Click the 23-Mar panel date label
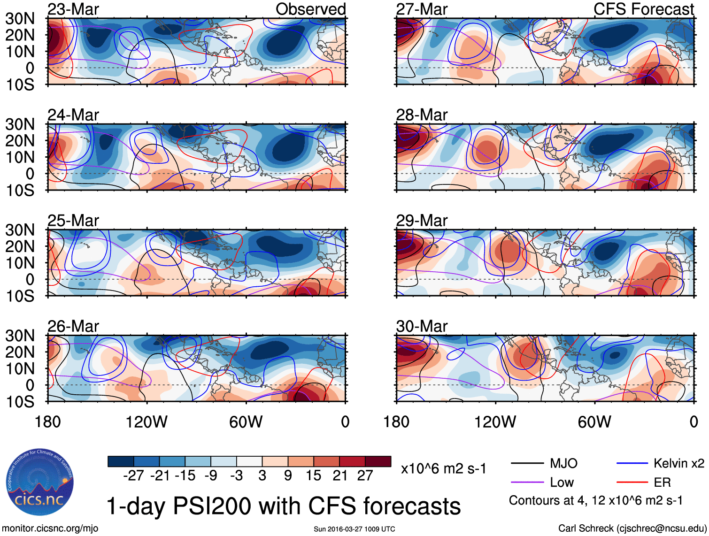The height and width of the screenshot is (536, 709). click(73, 9)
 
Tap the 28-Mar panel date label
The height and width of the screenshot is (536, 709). click(422, 115)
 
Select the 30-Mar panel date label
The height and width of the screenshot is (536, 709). click(422, 326)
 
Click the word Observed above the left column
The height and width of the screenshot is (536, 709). click(310, 9)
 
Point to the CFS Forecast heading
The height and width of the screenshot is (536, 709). click(643, 9)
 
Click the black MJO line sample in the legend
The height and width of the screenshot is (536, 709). click(527, 464)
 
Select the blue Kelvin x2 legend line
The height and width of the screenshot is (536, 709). click(632, 464)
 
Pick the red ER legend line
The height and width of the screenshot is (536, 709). click(632, 482)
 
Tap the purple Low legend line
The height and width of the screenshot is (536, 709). click(527, 482)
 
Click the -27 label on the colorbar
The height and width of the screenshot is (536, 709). click(133, 475)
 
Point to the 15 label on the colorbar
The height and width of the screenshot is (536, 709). click(313, 475)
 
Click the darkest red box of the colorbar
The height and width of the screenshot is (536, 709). click(378, 461)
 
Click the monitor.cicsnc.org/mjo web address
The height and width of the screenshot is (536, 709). click(50, 528)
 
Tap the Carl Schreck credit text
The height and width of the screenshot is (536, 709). click(632, 528)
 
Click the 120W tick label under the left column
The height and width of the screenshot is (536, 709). click(146, 422)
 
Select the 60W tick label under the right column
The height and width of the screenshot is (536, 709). click(594, 422)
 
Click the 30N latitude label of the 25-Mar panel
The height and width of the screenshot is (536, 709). click(20, 230)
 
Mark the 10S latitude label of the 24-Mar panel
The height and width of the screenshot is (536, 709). click(20, 190)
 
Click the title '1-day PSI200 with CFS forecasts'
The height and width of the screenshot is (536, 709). click(284, 506)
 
